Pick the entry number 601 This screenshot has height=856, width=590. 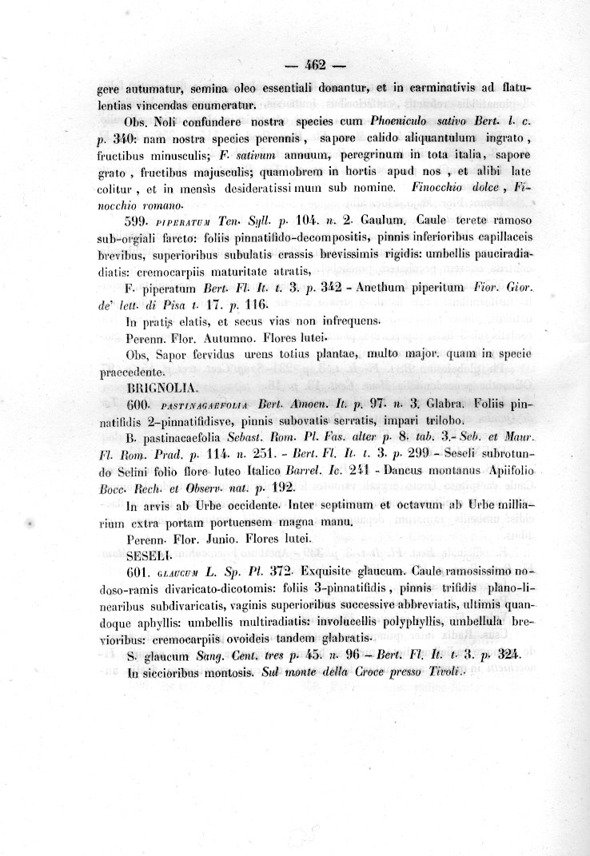(140, 572)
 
